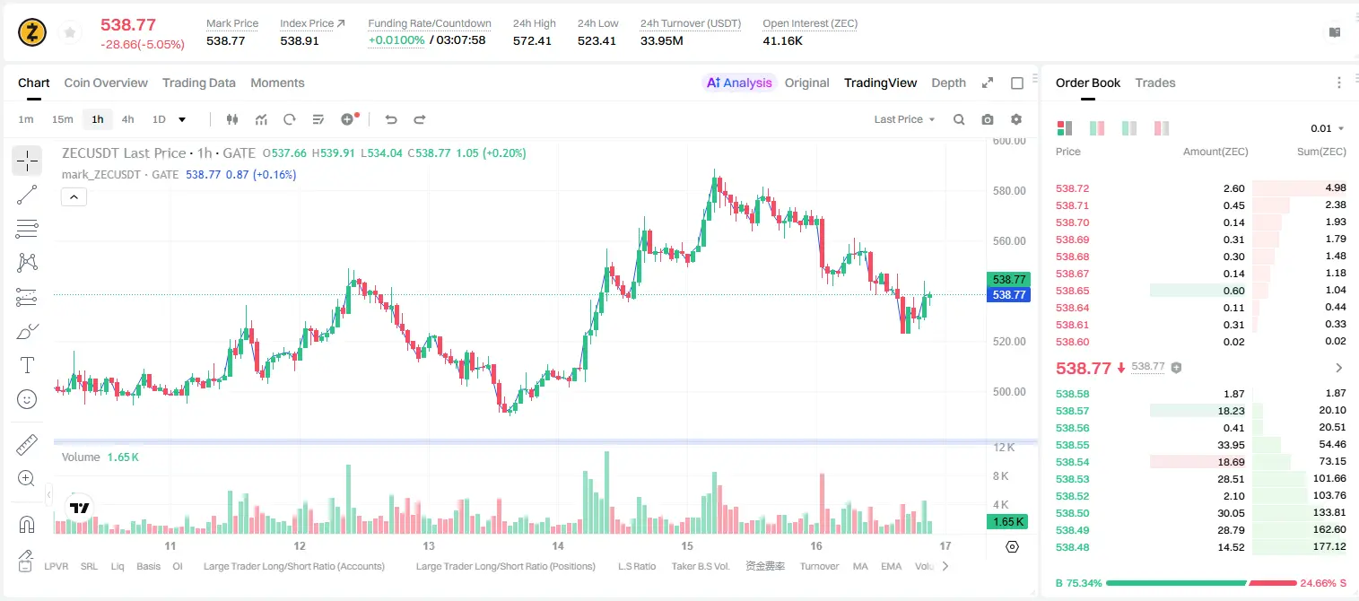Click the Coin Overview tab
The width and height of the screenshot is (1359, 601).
coord(106,83)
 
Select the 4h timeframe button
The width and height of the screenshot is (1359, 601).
coord(127,119)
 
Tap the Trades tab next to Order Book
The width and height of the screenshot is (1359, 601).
coord(1155,83)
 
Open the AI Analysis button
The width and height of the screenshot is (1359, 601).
coord(739,83)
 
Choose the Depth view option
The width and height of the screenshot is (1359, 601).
coord(948,83)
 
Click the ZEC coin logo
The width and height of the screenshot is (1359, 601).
coord(32,32)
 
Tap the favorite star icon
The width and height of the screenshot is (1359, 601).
coord(70,32)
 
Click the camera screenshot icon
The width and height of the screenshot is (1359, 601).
coord(987,119)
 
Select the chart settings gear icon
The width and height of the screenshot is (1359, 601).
coord(1016,119)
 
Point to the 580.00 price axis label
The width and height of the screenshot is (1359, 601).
coord(1009,191)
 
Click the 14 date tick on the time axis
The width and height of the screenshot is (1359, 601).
coord(558,545)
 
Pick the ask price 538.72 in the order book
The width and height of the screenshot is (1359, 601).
coord(1072,188)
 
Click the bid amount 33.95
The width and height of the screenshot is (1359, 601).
coord(1231,445)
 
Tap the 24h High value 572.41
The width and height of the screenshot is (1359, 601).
coord(532,40)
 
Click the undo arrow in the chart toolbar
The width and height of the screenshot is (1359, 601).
coord(391,119)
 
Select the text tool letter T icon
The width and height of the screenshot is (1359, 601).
coord(27,365)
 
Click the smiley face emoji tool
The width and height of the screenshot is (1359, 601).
coord(27,399)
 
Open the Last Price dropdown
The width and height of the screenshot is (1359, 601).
coord(904,119)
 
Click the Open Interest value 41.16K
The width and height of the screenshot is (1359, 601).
coord(782,40)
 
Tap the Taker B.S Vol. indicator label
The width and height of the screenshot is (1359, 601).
coord(700,566)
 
